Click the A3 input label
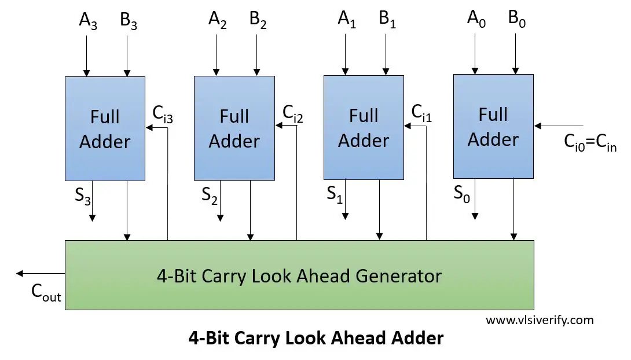pos(89,21)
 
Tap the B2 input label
pos(259,21)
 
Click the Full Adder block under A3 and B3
pos(105,128)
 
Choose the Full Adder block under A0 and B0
pos(493,126)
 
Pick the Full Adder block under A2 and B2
pos(234,128)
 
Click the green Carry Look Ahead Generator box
pos(299,275)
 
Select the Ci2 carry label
pos(292,113)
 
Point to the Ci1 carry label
pos(422,113)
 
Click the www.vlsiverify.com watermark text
pos(540,319)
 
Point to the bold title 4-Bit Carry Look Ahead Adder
pos(316,338)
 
